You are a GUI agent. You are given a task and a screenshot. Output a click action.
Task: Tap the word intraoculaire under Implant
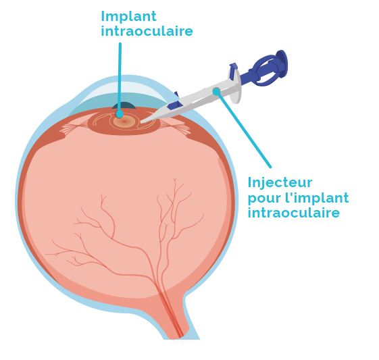tap(147, 32)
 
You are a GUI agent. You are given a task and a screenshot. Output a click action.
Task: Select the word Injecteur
tap(280, 183)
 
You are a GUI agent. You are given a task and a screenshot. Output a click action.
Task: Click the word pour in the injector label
tap(265, 199)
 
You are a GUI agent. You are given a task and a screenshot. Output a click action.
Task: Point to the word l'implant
tap(317, 198)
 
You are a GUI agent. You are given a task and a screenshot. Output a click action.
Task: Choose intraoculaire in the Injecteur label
tap(294, 213)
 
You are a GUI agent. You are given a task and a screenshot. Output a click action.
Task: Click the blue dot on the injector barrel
tap(216, 92)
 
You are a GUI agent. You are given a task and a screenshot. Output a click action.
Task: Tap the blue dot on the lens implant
tap(120, 113)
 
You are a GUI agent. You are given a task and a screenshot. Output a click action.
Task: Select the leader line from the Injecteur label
tap(244, 129)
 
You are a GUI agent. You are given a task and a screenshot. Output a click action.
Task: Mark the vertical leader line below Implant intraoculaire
tap(120, 78)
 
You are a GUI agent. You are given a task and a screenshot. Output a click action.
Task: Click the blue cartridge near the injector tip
tap(175, 103)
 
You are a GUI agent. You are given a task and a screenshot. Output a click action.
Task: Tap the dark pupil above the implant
tap(124, 106)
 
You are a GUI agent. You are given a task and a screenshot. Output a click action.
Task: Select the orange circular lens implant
tap(124, 122)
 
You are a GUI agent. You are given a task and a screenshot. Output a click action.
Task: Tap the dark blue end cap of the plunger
tap(282, 63)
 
